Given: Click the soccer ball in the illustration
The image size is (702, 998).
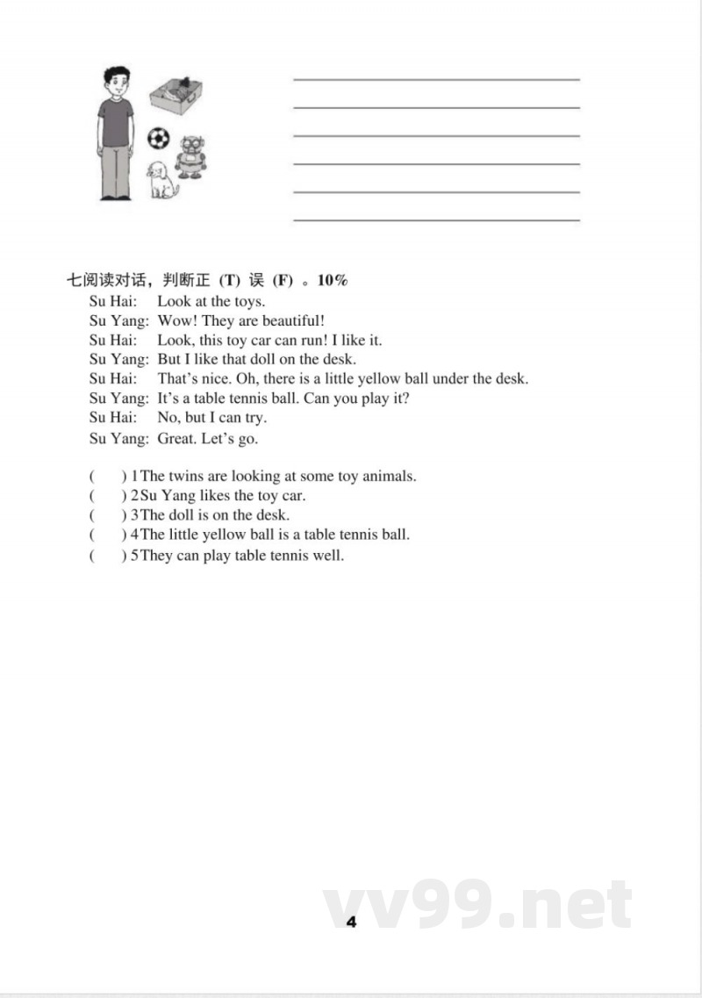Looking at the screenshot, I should pos(158,140).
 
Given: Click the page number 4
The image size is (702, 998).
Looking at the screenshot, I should pos(351,921).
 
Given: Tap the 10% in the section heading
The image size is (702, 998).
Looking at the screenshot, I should pos(333,281).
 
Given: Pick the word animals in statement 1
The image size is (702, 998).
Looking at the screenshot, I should pos(387,476).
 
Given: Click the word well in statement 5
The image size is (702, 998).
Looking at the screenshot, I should pos(329,555).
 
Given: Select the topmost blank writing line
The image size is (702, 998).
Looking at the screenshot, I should pos(436,80).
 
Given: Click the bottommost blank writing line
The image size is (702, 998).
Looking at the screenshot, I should pos(436,219).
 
